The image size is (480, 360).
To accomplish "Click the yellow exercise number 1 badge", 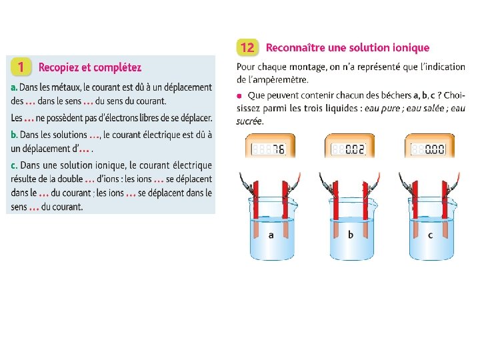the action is (x=21, y=67).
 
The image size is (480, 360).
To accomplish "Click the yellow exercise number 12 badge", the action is (x=247, y=47).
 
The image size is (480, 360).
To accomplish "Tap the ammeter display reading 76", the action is (x=269, y=149).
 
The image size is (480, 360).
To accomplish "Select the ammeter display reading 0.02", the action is (x=348, y=149).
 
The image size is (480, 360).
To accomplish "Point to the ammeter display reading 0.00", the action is (x=428, y=149).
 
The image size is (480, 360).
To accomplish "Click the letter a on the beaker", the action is (x=271, y=235).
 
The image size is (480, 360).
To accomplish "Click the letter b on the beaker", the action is (x=351, y=235).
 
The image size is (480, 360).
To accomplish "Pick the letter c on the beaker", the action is (x=431, y=235).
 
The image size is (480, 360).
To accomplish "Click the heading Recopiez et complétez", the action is (x=90, y=67).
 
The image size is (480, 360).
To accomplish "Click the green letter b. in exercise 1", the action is (x=14, y=135).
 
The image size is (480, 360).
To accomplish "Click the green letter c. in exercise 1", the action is (x=14, y=165).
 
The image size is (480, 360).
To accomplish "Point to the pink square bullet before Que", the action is (x=239, y=96).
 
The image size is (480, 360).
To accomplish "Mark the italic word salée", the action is (x=434, y=109).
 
